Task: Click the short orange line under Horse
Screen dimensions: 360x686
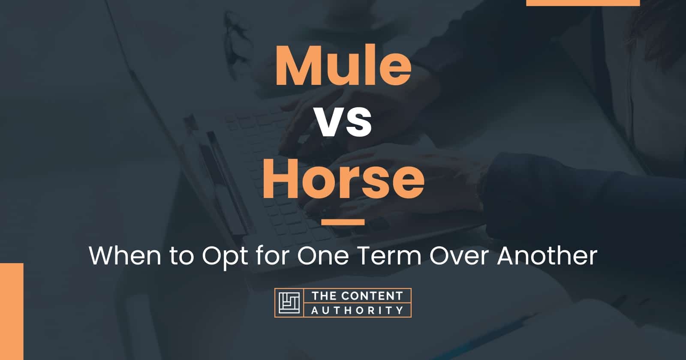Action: [x=343, y=222]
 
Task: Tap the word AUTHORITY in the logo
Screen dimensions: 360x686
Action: [x=357, y=310]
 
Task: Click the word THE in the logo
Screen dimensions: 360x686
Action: [x=323, y=296]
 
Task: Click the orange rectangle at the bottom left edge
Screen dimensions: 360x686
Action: [x=11, y=311]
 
